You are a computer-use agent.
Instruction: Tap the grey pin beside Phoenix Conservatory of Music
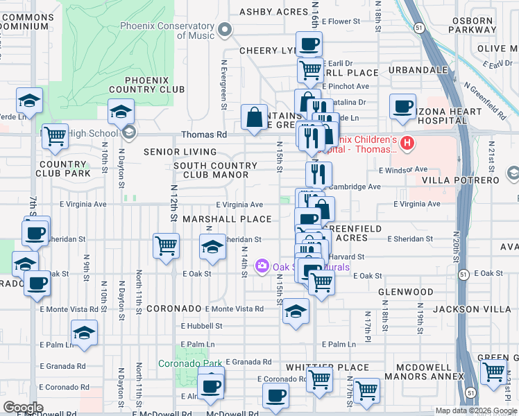click(x=224, y=29)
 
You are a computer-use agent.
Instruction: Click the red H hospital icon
click(x=408, y=144)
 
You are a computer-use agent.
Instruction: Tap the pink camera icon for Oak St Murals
click(x=262, y=266)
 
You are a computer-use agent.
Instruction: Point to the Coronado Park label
click(x=190, y=363)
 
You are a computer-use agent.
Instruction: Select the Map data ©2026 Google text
click(x=475, y=410)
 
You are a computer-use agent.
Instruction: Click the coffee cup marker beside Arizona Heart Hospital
click(x=402, y=106)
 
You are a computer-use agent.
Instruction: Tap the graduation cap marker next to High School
click(x=121, y=112)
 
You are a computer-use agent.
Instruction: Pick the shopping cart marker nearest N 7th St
click(x=55, y=137)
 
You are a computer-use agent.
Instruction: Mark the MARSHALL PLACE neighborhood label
click(x=227, y=219)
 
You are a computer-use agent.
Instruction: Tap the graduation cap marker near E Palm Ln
click(x=84, y=333)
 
